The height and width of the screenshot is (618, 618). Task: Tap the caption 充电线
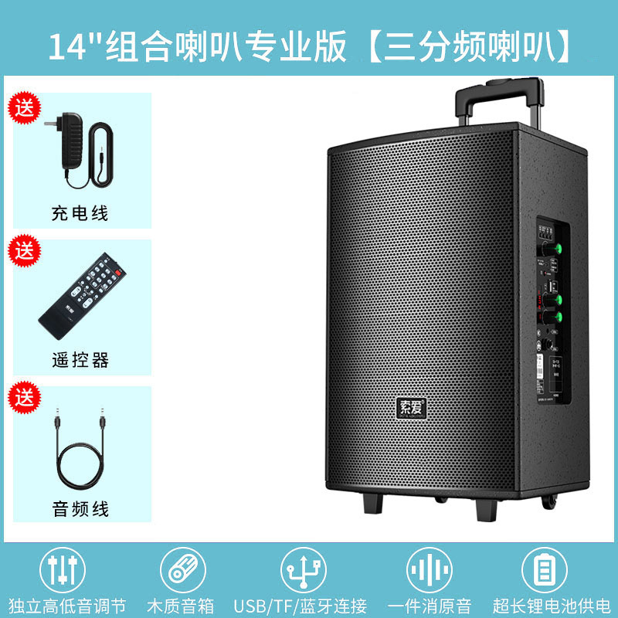80,213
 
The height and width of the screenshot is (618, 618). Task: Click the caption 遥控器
80,360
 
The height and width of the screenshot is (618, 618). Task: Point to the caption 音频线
80,508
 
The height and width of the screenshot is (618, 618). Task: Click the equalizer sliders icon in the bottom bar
61,570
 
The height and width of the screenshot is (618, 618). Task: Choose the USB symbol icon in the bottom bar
304,570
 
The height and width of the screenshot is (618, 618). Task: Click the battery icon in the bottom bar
545,570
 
